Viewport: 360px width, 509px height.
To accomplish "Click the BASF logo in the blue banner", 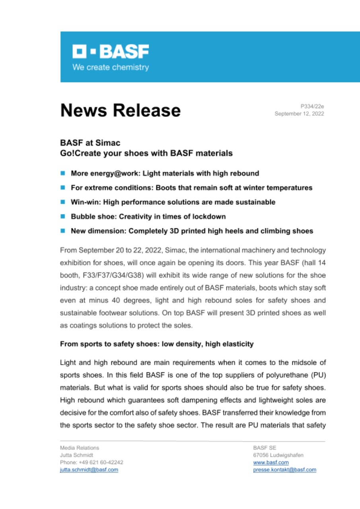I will point(110,52).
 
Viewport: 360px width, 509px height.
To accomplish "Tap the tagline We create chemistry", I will point(110,68).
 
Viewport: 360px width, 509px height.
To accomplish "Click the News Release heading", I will point(120,110).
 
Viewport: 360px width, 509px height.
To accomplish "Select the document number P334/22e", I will point(312,106).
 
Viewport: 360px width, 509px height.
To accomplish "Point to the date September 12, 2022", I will point(299,114).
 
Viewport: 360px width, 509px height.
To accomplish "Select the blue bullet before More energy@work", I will point(63,173).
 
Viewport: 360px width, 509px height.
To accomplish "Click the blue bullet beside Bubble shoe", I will point(63,217).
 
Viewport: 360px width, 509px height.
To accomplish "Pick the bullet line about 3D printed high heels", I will point(192,231).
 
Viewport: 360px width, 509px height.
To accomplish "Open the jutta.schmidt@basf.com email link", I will point(89,470).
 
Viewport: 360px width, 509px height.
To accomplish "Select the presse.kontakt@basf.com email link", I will point(284,470).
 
